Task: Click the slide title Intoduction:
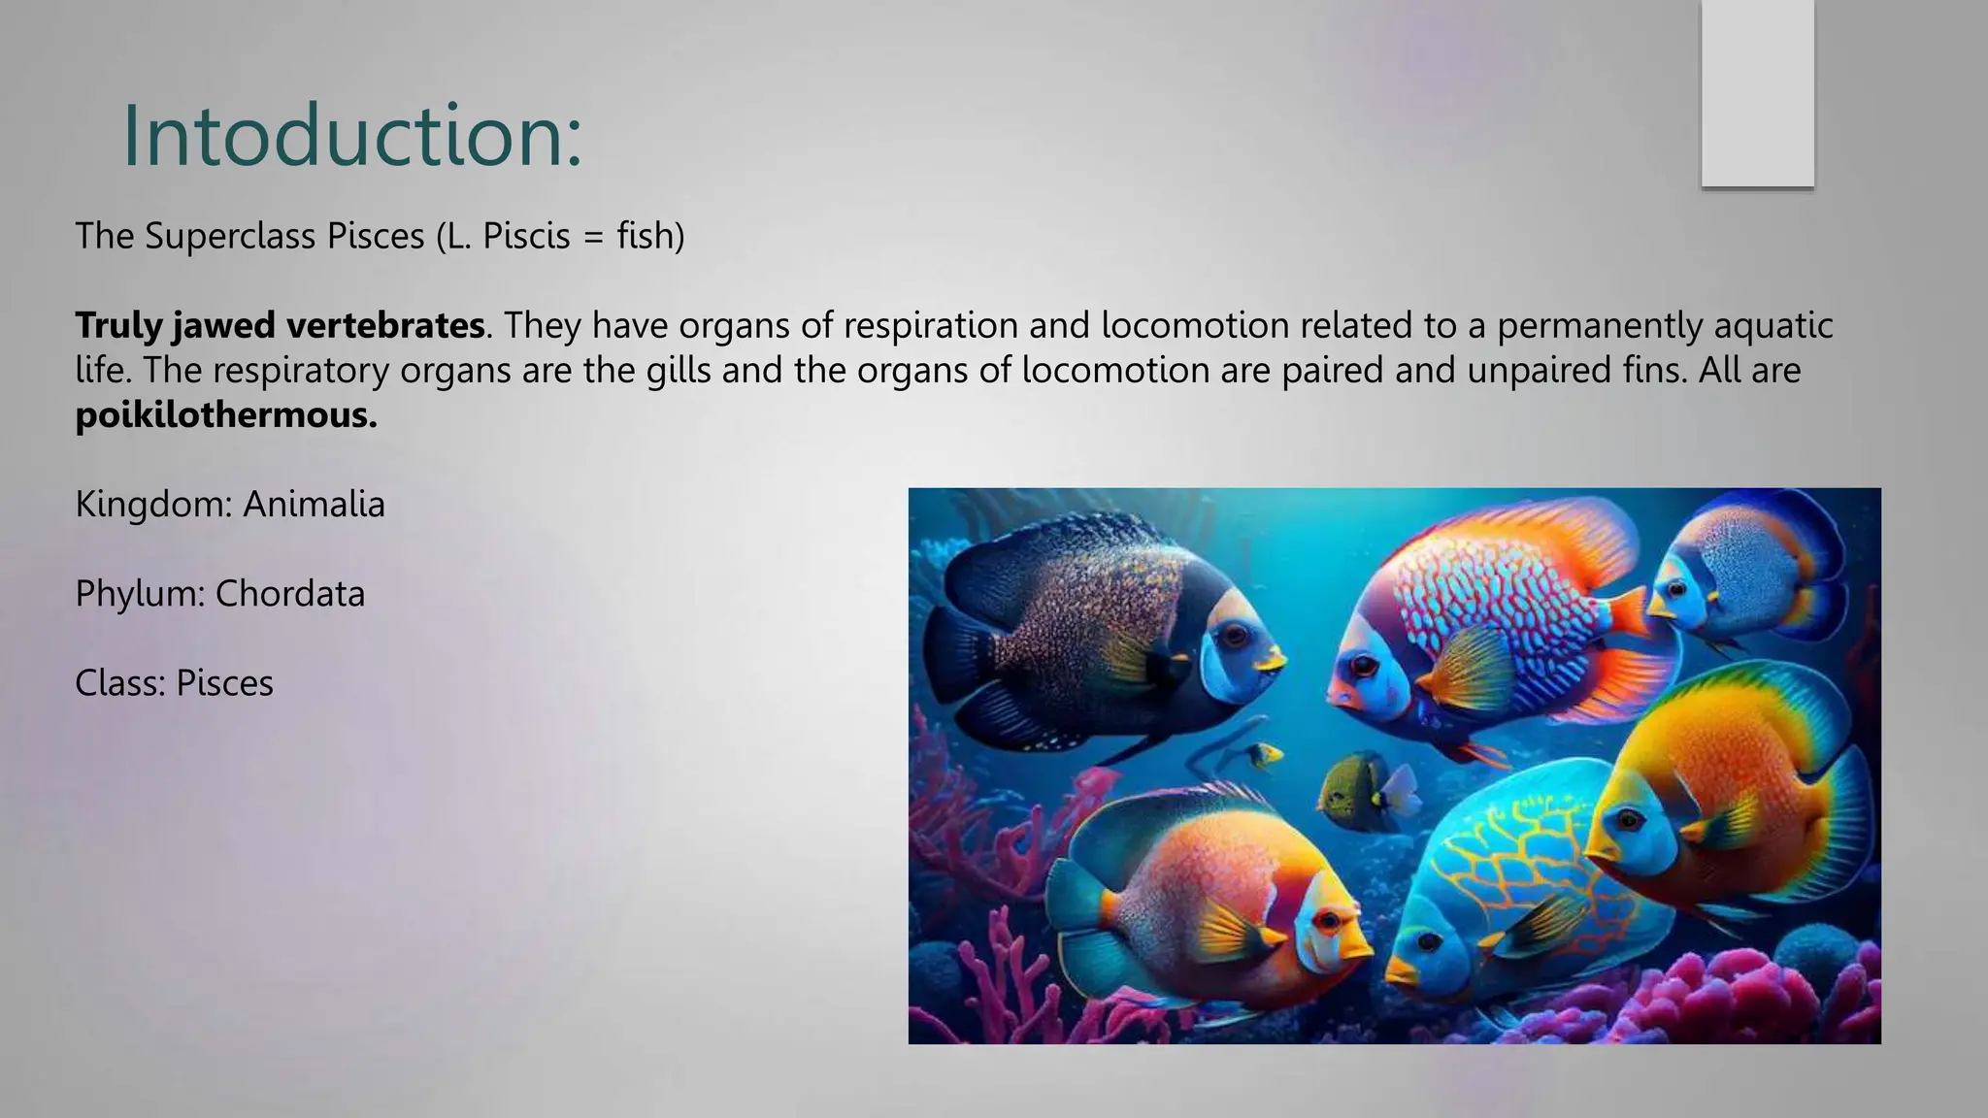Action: (x=351, y=136)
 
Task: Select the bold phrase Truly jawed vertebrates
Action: (x=280, y=325)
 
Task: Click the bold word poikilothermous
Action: (x=226, y=415)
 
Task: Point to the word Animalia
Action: (x=314, y=504)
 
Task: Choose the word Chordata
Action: (x=289, y=593)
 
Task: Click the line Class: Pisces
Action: (x=174, y=683)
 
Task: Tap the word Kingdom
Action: (x=149, y=504)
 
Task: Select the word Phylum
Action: (x=139, y=593)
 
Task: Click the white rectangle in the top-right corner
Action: (x=1757, y=93)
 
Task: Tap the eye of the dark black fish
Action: (x=1235, y=636)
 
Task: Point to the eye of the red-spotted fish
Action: (x=1364, y=666)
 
